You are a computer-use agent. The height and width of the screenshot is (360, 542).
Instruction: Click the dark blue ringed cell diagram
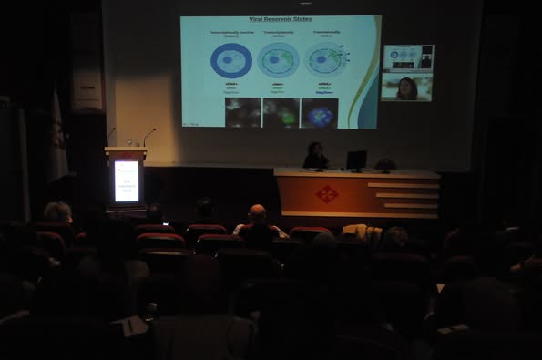pos(230,61)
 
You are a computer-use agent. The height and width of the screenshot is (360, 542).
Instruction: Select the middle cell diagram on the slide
pos(277,60)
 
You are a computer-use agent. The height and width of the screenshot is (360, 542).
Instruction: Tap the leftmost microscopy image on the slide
pos(243,112)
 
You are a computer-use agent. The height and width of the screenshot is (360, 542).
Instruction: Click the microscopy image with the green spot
pos(281,112)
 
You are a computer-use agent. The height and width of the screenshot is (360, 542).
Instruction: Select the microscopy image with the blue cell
pos(319,112)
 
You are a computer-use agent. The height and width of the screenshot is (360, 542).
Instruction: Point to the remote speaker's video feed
pos(406,88)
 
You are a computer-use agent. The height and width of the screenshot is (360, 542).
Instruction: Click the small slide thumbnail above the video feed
pos(407,57)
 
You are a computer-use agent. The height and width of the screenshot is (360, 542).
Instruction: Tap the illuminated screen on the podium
pos(126,180)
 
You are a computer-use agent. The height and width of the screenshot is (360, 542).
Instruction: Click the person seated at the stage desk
pos(316,156)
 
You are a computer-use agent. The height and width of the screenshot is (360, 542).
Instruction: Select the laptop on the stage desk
pos(356,159)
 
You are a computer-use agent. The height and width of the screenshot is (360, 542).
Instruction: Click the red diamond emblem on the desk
pos(326,193)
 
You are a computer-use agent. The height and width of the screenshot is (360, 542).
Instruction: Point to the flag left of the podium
pos(57,137)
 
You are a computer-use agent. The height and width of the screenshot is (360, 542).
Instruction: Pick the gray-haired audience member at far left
pos(58,212)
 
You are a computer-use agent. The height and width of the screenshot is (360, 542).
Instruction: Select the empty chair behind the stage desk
pos(386,164)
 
